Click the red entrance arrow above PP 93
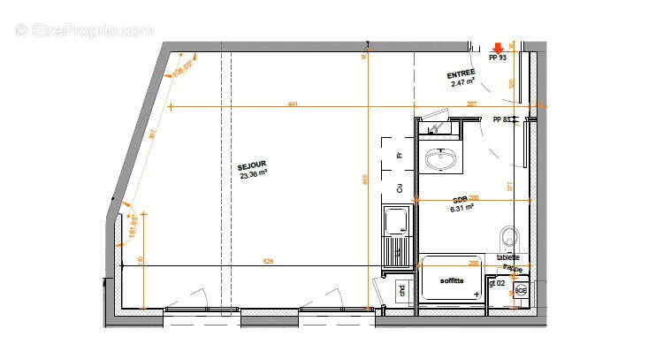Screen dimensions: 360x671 tap(498, 47)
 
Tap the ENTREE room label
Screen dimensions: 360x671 tap(461, 73)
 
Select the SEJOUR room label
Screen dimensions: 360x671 tap(251, 165)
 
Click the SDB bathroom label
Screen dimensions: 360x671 tap(461, 199)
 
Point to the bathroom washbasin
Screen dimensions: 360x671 tap(441, 160)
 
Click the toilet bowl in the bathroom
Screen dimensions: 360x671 tap(509, 236)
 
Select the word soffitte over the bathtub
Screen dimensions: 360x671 tap(453, 281)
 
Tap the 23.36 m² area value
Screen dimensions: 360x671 tap(254, 174)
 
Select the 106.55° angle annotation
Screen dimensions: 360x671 tap(182, 69)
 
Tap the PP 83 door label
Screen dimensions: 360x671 tap(501, 119)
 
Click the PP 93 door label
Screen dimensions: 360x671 tap(497, 57)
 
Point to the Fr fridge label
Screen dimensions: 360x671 tap(400, 155)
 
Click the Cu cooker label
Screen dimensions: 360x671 tap(400, 188)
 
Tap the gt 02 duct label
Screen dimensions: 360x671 tap(496, 284)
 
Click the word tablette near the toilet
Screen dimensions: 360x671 tap(508, 257)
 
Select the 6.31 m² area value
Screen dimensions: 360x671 tap(462, 208)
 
